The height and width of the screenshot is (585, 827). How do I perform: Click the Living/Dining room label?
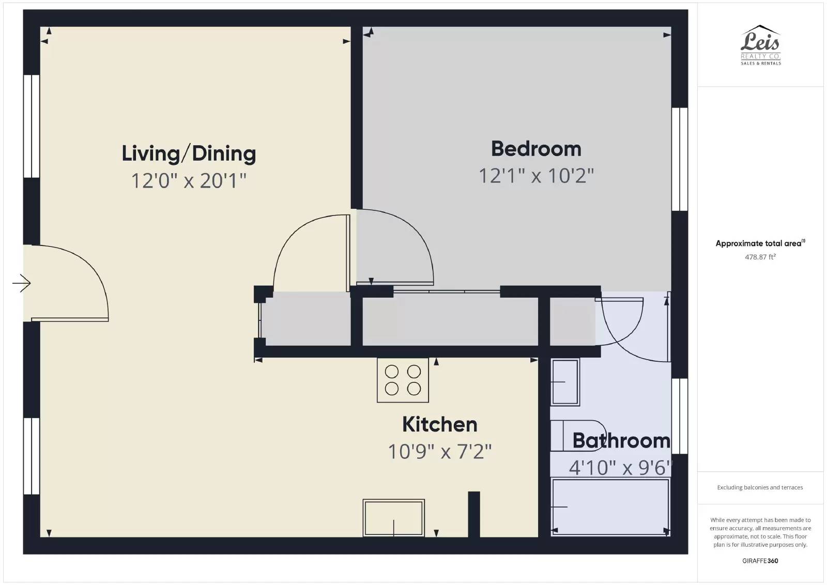pos(189,153)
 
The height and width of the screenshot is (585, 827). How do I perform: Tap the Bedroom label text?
pos(536,149)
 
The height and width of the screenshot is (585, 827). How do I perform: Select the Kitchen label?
pos(440,424)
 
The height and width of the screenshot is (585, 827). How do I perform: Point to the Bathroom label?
pos(621,441)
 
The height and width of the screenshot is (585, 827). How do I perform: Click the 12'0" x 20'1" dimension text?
pos(189,181)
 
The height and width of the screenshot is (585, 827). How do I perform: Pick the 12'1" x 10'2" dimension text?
pos(536,176)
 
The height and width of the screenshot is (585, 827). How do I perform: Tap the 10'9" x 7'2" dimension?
pos(440,451)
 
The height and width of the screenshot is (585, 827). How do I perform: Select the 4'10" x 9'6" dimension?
pos(620,468)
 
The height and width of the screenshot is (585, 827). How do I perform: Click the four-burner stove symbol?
pos(403,380)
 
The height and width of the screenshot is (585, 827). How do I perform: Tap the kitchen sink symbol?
pos(393,518)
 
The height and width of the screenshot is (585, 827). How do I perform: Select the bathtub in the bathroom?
pos(610,507)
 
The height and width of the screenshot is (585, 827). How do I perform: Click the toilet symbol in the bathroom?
pos(578,436)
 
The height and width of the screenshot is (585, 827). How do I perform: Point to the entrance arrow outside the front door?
pos(21,283)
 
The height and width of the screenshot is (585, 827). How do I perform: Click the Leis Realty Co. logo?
pos(760,45)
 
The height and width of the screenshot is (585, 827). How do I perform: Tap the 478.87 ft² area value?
pos(760,257)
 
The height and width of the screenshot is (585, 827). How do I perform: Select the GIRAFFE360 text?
pos(760,561)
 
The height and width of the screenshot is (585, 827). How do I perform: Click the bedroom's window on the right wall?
pos(679,159)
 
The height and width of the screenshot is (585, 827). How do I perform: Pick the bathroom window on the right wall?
pos(679,416)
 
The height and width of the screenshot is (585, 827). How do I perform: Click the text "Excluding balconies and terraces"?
pos(760,487)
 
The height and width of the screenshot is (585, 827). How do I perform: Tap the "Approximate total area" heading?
pos(760,243)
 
